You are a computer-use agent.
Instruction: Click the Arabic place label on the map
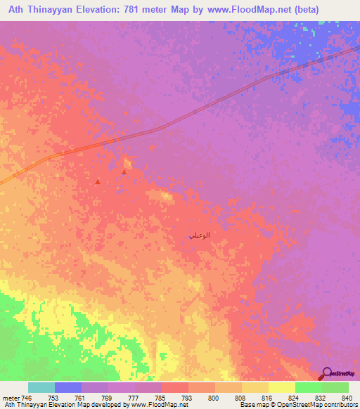tap(200, 236)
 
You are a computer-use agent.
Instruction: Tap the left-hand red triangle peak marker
tap(98, 181)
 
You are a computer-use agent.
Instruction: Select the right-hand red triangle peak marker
tap(124, 171)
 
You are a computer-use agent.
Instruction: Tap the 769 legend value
tap(107, 397)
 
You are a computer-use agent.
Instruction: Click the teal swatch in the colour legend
tap(41, 387)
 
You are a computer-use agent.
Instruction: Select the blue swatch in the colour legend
tap(68, 387)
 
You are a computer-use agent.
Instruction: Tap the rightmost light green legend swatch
tap(335, 387)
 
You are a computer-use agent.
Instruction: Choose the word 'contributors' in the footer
tap(341, 405)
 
